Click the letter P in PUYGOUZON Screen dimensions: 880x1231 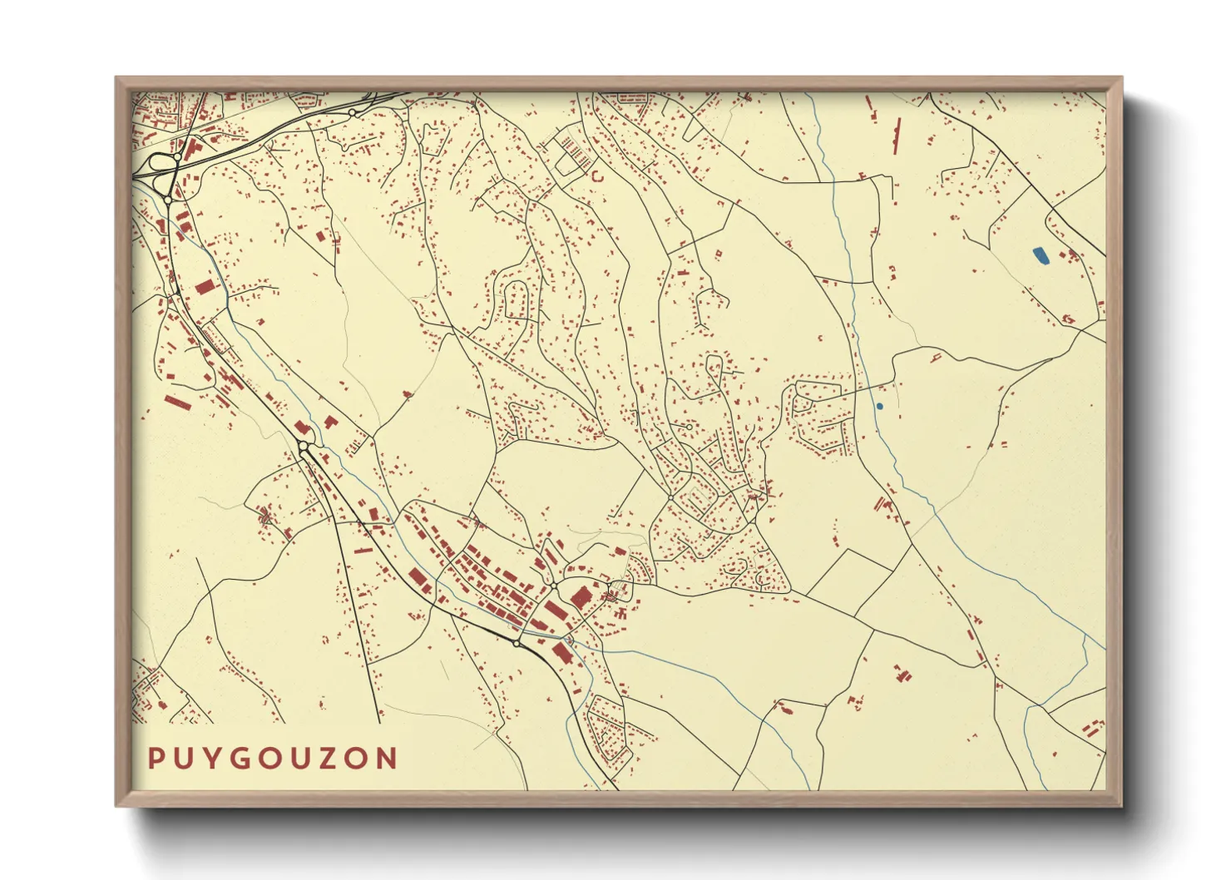(156, 759)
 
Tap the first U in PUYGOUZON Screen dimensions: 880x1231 (185, 759)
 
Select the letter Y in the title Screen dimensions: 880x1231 (215, 759)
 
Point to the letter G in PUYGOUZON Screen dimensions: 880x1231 (244, 759)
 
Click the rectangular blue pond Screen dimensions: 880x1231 (1040, 256)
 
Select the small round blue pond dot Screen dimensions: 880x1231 (879, 406)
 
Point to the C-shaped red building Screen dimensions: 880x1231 (596, 176)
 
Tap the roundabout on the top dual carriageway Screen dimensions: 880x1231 (353, 112)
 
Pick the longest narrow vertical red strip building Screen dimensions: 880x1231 (897, 136)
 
